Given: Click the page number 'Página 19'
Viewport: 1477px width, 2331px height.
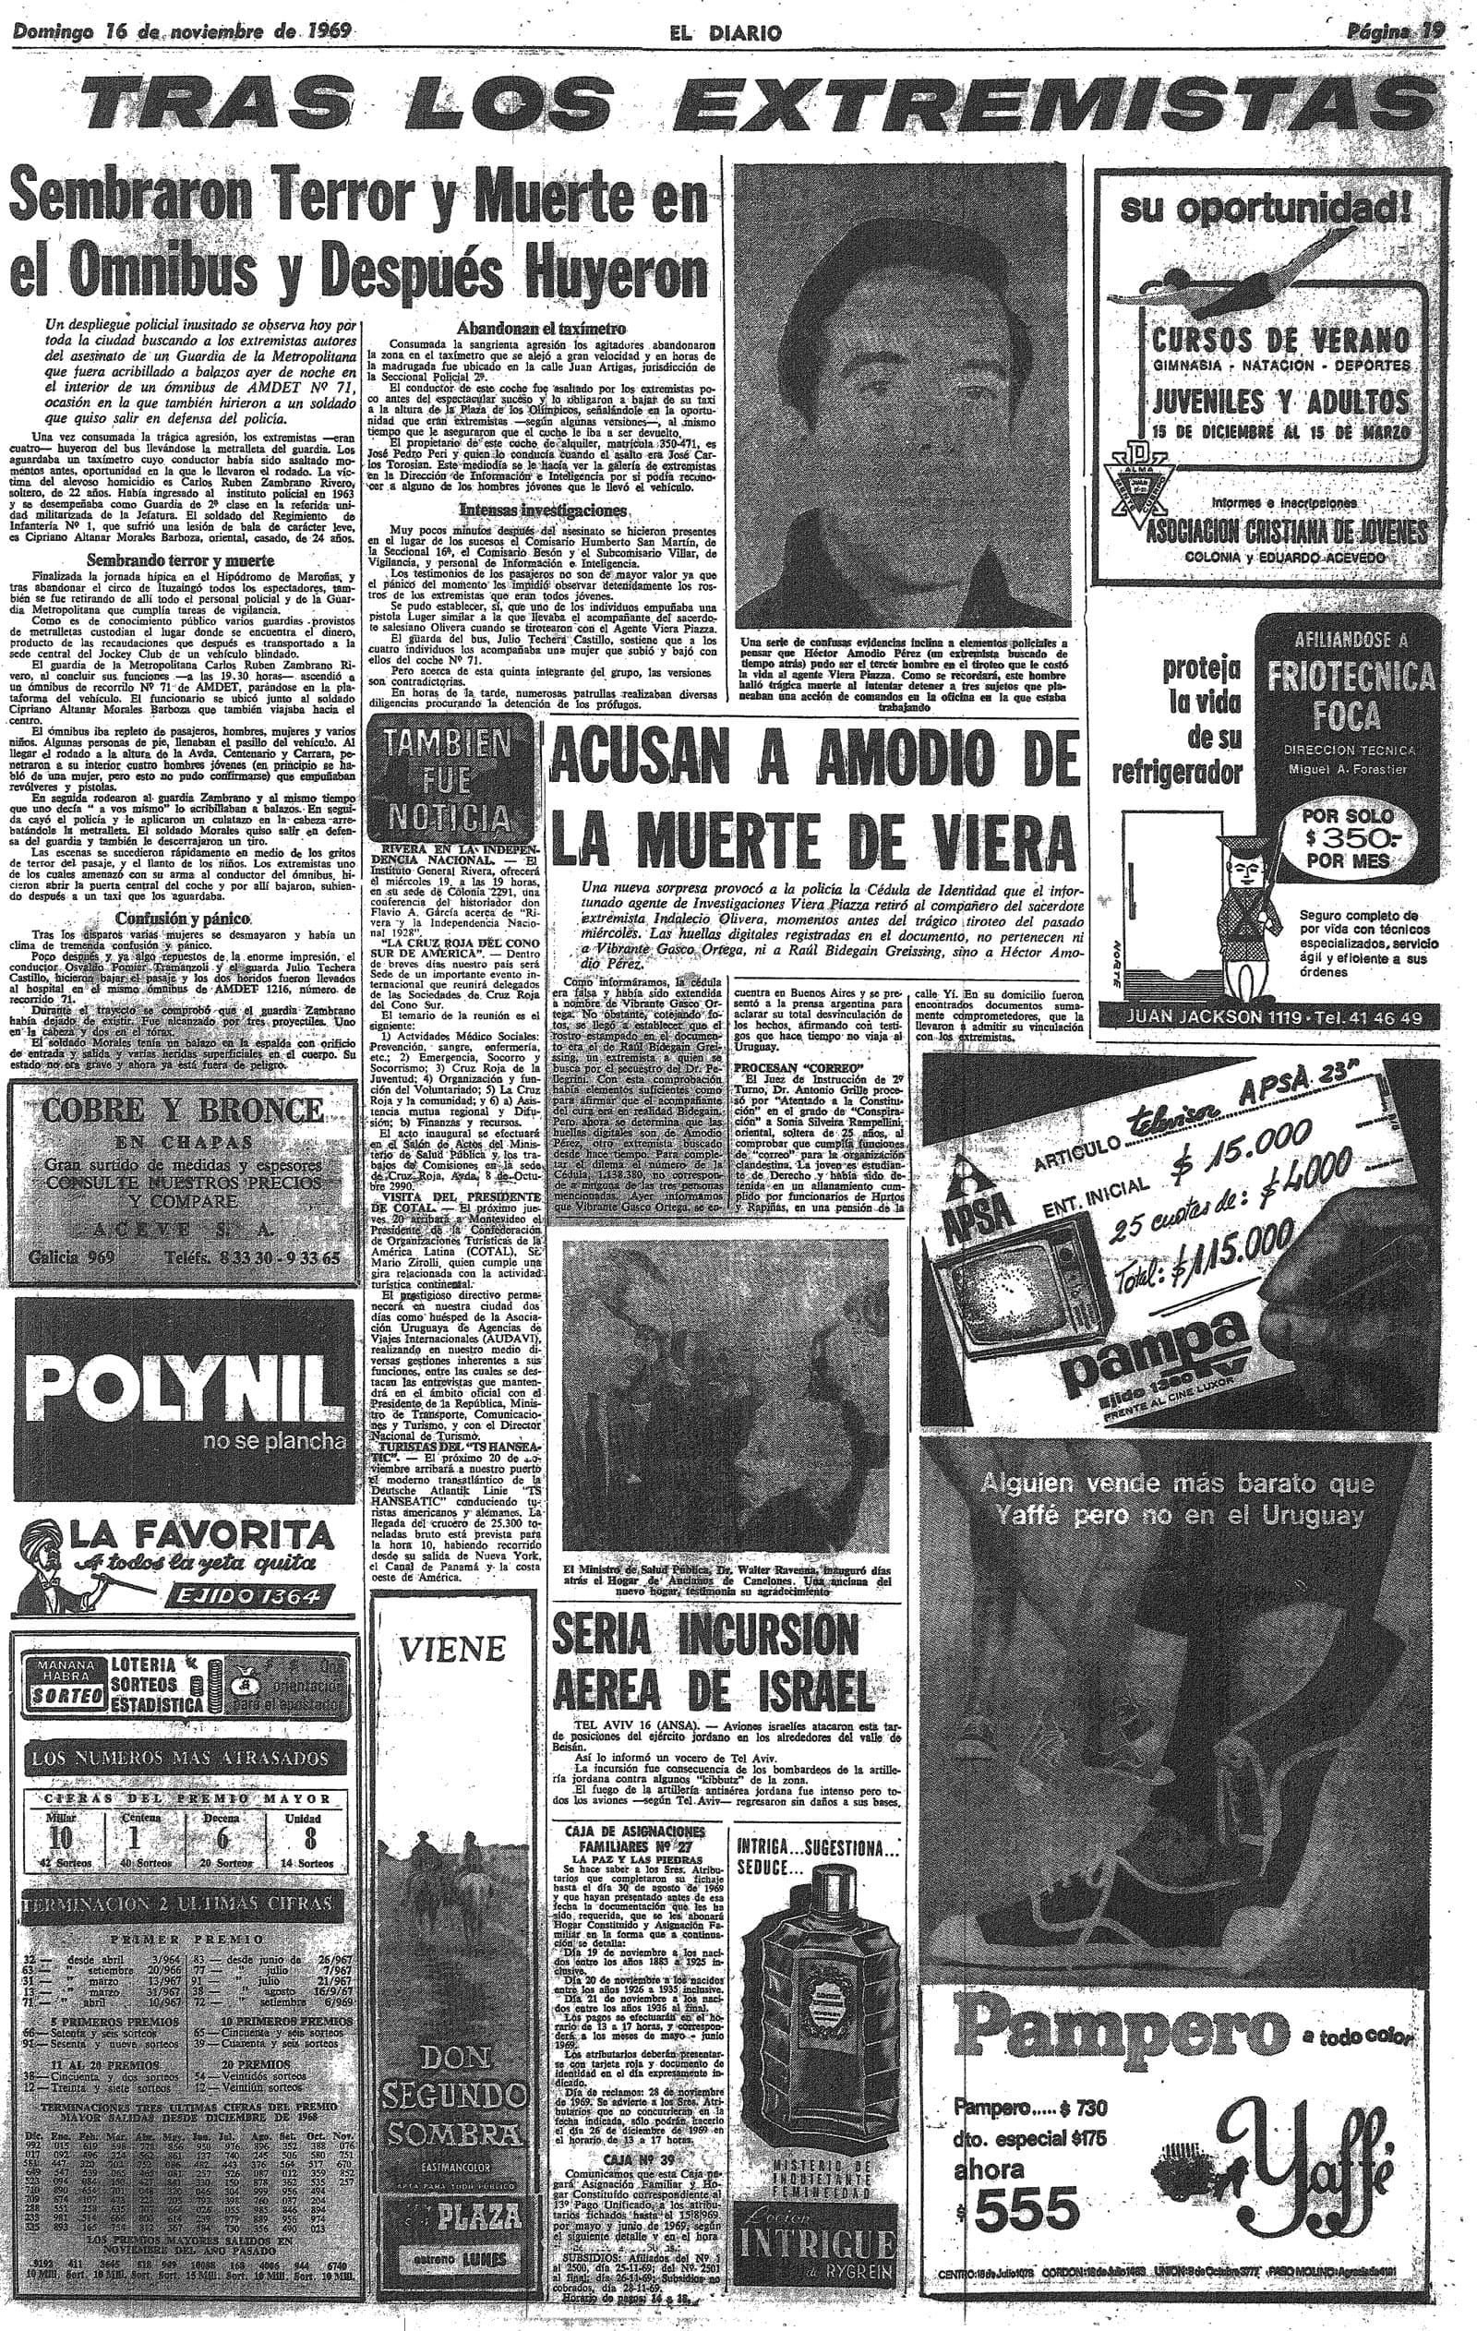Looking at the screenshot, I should (x=1395, y=31).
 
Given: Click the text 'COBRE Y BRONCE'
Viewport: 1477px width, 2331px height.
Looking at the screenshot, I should (x=181, y=1110).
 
